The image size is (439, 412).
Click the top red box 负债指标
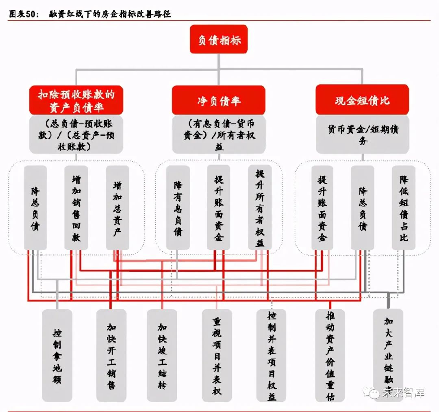coord(219,40)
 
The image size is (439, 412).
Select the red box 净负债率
coord(218,100)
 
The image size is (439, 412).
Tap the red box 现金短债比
coord(362,100)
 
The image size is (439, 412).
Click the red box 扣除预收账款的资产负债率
coord(76,100)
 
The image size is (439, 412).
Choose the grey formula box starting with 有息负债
coord(219,134)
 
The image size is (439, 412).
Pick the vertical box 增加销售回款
coord(76,208)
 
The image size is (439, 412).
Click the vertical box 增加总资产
coord(117,208)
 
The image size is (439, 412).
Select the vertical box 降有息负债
coord(178,208)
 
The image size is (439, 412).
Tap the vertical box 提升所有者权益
coord(260,208)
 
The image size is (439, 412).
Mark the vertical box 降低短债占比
coord(403,208)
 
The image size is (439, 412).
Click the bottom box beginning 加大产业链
coord(388,349)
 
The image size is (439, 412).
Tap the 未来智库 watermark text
coord(403,392)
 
